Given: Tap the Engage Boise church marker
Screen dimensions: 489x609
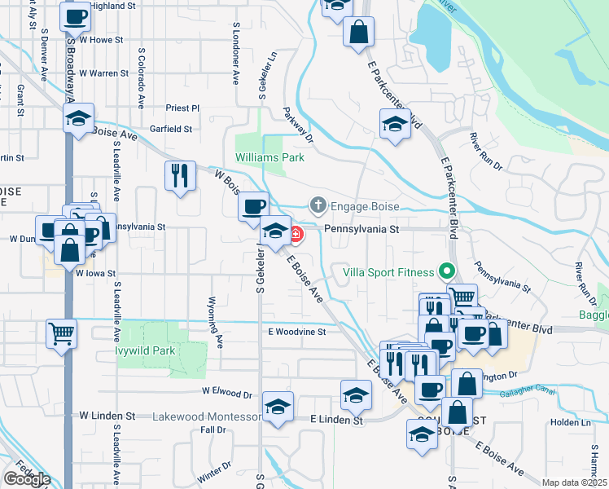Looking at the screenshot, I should pyautogui.click(x=318, y=205).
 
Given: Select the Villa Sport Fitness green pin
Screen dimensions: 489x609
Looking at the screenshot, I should pyautogui.click(x=445, y=271).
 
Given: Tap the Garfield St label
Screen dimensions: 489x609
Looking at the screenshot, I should pyautogui.click(x=171, y=129).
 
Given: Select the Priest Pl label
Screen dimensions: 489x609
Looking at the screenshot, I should pyautogui.click(x=182, y=108).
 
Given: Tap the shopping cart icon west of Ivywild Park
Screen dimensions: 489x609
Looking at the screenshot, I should pyautogui.click(x=62, y=333).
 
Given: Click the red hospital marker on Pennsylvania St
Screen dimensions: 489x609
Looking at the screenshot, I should pyautogui.click(x=295, y=235).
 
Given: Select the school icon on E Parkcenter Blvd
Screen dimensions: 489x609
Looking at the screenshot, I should pyautogui.click(x=395, y=124).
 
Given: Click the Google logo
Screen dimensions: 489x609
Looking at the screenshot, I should pyautogui.click(x=27, y=479).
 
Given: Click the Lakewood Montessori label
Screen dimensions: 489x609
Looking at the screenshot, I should pyautogui.click(x=208, y=417).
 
